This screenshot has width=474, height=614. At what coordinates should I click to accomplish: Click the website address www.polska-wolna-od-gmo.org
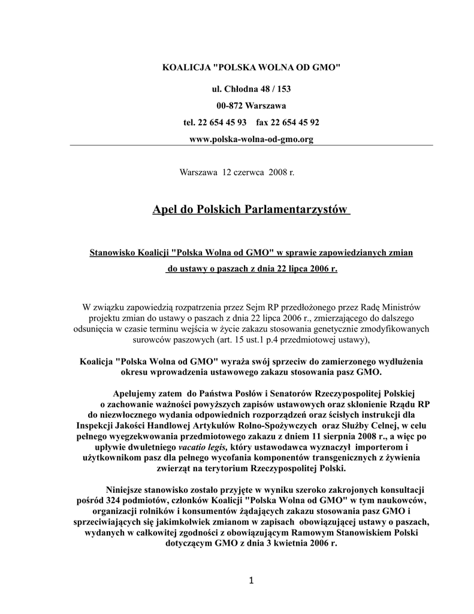point(251,139)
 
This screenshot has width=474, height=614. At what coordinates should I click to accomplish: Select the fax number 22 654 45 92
point(295,122)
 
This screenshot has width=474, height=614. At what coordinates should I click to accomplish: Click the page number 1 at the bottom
point(252,580)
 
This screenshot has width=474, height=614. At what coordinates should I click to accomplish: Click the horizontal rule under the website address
point(252,146)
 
